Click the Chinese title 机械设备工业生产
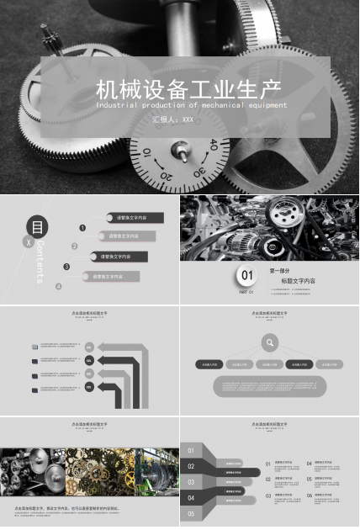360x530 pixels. click(x=188, y=88)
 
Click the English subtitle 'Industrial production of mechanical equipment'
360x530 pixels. click(x=191, y=106)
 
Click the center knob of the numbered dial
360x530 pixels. click(x=179, y=151)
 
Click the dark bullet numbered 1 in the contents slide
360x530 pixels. click(x=82, y=227)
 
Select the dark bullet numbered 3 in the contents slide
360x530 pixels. click(x=66, y=267)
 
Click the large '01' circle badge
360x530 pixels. click(x=246, y=275)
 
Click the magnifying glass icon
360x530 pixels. click(x=269, y=342)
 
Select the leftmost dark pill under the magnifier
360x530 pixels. click(x=208, y=365)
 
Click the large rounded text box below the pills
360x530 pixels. click(x=269, y=385)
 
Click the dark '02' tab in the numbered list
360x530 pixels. click(x=193, y=466)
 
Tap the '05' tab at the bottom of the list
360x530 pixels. click(x=192, y=513)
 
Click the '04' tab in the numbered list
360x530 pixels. click(x=192, y=498)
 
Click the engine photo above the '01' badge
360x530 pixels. click(x=269, y=227)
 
